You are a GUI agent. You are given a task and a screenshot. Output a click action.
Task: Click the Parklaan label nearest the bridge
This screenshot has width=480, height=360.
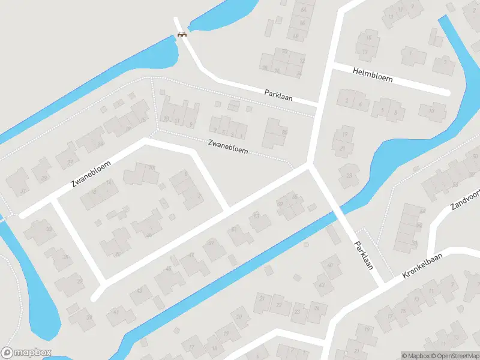278,95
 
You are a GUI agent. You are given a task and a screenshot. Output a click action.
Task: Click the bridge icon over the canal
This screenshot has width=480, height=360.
182,34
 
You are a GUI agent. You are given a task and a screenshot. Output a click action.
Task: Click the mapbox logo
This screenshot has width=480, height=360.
26,352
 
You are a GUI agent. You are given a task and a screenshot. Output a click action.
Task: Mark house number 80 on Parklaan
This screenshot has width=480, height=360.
284,132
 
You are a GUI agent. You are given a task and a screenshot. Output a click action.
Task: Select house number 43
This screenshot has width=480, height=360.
139,290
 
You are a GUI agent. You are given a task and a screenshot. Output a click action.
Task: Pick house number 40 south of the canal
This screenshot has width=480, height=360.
331,265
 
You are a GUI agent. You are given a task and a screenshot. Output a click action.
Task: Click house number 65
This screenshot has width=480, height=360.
295,197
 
